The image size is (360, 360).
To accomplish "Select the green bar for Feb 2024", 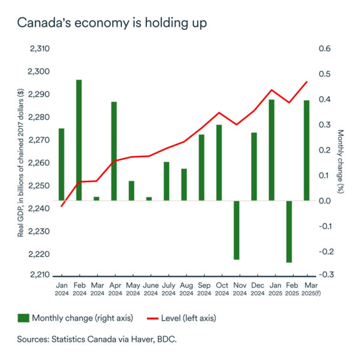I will (79, 140).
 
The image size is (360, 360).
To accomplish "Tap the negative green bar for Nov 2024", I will (237, 230).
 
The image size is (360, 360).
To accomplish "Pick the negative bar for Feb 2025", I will (289, 232).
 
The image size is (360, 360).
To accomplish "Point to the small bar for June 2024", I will (149, 198).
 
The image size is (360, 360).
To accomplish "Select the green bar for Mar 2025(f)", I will (307, 150).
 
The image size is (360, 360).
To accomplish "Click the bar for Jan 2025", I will (272, 150).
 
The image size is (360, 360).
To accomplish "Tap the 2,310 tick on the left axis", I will (39, 49).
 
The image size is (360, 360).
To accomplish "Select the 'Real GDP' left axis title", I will (21, 162).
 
